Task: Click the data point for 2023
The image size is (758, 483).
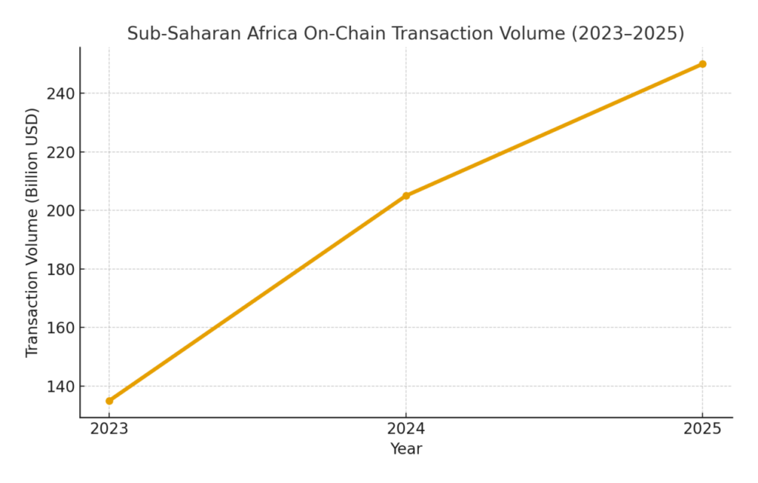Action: tap(110, 401)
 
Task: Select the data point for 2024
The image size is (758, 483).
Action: tap(406, 196)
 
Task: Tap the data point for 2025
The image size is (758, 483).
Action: tap(702, 64)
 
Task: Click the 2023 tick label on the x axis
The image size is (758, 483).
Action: tap(110, 429)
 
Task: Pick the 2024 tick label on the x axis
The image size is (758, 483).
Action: tap(406, 429)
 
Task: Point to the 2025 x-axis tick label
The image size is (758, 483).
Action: tap(702, 429)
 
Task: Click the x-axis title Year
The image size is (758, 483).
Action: tap(406, 449)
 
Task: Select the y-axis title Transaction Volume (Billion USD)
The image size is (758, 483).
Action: tap(32, 232)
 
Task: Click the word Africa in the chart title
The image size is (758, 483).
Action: tap(262, 34)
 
